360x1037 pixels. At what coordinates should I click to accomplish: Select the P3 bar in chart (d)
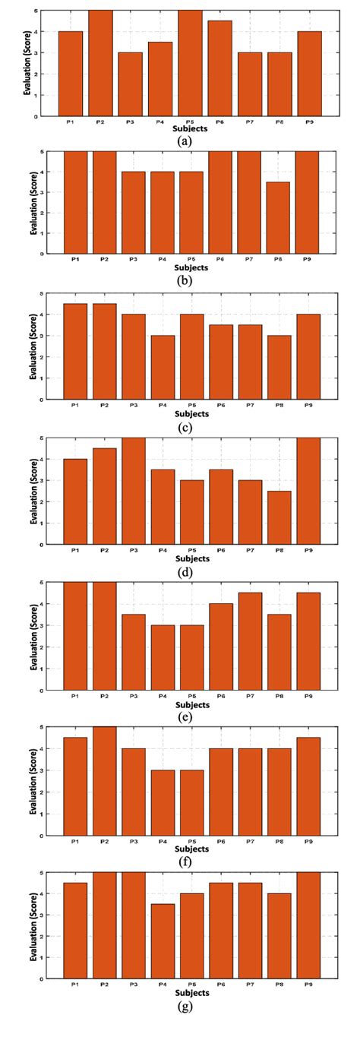134,491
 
